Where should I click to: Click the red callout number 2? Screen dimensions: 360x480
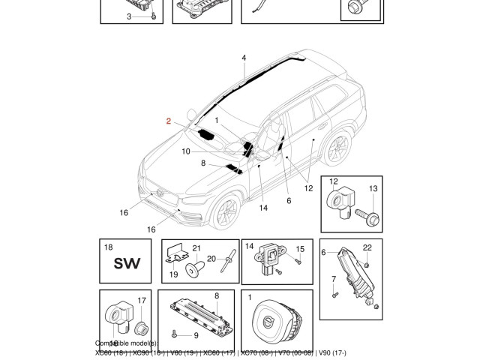(x=169, y=120)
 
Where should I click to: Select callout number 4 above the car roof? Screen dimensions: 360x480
(x=244, y=58)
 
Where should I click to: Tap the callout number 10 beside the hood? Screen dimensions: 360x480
(x=185, y=151)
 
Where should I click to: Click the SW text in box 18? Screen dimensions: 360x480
(x=127, y=263)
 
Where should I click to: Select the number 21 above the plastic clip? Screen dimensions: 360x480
(x=196, y=248)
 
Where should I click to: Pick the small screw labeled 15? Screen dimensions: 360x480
(x=298, y=262)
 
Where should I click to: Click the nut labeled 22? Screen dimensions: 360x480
(x=366, y=263)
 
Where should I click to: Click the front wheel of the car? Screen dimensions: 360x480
(x=223, y=212)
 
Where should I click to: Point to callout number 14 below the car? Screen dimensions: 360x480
(x=263, y=208)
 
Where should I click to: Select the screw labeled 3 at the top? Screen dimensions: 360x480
(x=152, y=16)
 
